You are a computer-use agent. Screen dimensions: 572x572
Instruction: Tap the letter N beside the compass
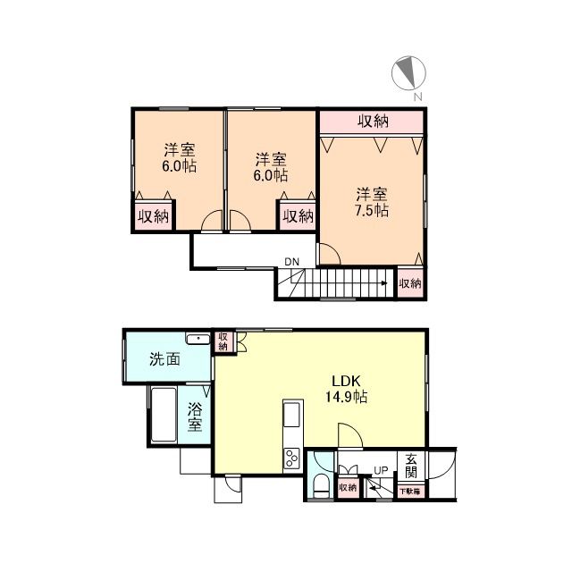(418, 96)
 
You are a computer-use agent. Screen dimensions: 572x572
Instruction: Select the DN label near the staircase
(292, 262)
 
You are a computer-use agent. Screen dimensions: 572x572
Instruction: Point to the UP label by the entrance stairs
(381, 471)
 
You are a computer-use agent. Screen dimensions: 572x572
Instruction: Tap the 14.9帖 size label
(348, 396)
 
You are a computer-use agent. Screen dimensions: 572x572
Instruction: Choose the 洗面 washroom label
(164, 360)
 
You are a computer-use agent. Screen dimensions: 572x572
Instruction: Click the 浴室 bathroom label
(196, 417)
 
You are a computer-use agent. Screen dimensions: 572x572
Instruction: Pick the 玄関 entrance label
(411, 465)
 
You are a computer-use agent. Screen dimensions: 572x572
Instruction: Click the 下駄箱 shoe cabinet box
(410, 491)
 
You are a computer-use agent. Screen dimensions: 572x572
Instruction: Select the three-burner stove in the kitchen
(291, 458)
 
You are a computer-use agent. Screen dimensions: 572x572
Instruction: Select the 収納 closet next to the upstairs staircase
(410, 282)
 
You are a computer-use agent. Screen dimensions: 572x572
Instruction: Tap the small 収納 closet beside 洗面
(223, 341)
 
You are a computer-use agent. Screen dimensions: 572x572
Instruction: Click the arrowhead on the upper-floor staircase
(383, 283)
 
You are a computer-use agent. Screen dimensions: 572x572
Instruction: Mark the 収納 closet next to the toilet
(348, 487)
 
